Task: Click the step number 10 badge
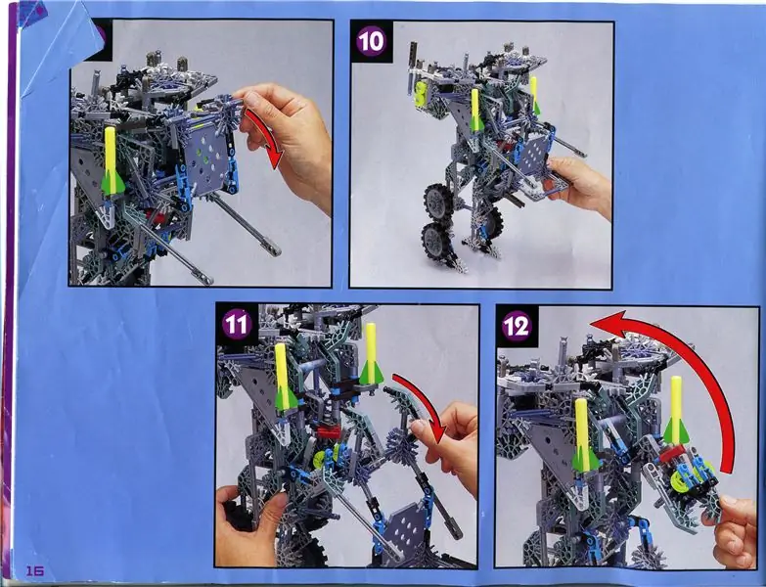tap(371, 41)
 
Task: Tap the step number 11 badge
tap(237, 325)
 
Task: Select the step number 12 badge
tap(517, 326)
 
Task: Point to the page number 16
tap(34, 571)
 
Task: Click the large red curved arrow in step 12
tap(703, 361)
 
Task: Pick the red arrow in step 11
tap(426, 400)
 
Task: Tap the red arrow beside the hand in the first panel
tap(268, 138)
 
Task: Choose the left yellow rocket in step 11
tap(284, 376)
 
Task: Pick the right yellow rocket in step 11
tap(371, 353)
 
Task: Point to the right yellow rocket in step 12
tap(676, 410)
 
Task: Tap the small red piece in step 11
tap(329, 431)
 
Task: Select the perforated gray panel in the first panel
tap(207, 158)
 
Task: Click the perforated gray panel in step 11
tap(408, 529)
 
